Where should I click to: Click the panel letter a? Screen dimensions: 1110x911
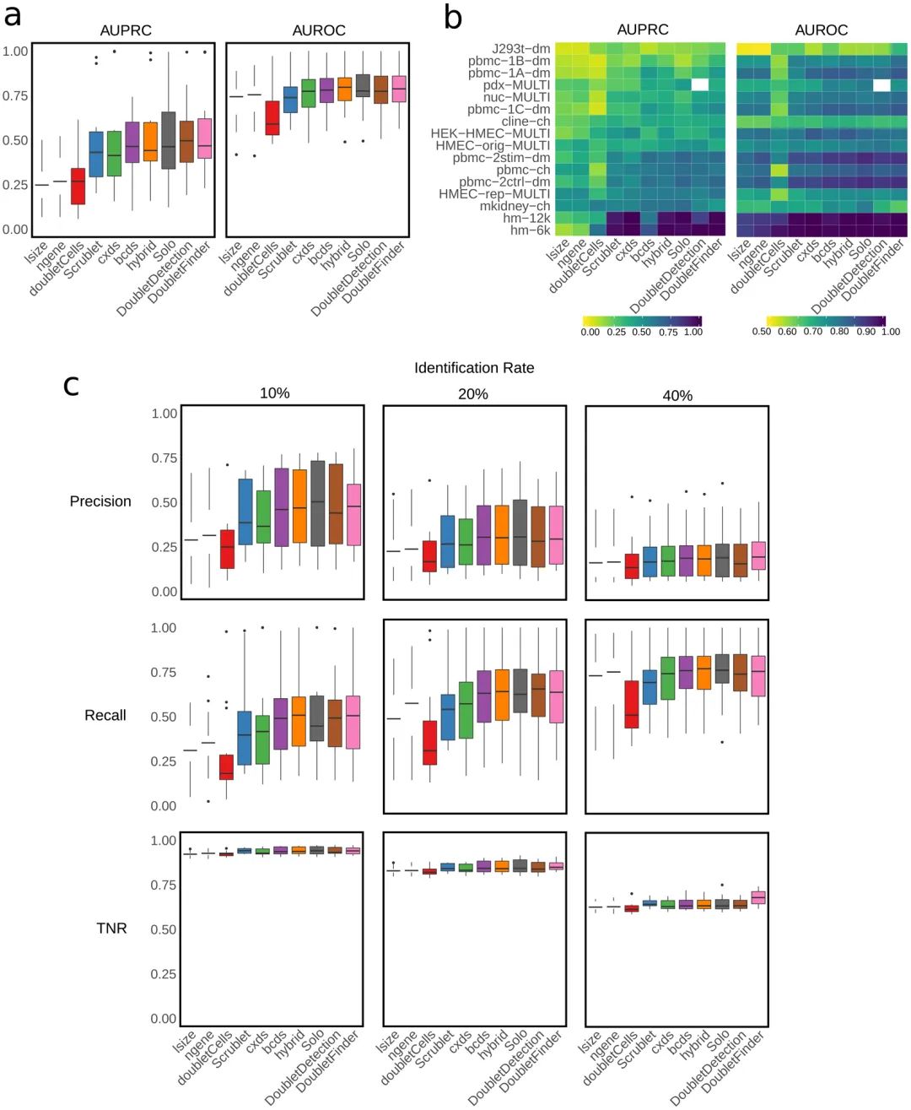coord(13,15)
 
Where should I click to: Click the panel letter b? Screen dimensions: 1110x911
coord(453,17)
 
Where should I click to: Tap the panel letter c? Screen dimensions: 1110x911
coord(72,386)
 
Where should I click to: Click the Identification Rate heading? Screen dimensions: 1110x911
coord(473,368)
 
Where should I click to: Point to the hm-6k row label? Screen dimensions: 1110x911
coord(530,230)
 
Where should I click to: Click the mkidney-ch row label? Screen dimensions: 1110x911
coord(515,206)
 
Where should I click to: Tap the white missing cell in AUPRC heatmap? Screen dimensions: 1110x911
coord(699,84)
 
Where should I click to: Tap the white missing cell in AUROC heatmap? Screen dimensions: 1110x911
coord(881,84)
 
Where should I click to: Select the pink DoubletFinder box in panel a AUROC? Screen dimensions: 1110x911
coord(399,89)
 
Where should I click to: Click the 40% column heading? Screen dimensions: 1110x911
coord(677,396)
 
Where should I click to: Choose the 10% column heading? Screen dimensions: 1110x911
coord(274,393)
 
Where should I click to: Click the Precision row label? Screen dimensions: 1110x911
coord(100,501)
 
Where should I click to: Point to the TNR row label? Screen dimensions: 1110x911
coord(111,929)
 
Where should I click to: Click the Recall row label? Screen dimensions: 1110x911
coord(105,716)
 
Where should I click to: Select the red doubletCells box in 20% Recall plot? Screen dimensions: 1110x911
coord(430,743)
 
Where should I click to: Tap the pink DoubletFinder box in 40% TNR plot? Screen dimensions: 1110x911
coord(759,897)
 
